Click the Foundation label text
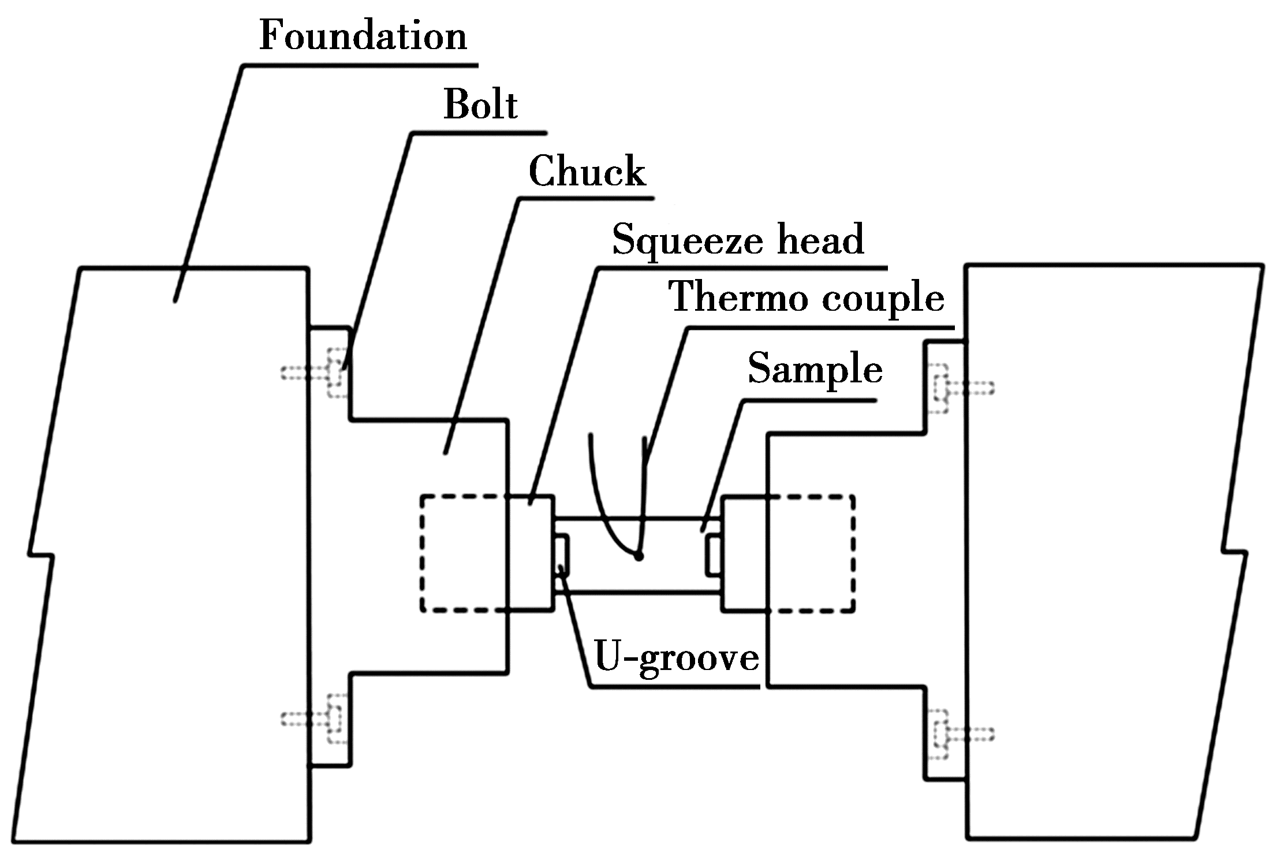pos(363,36)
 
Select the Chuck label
pos(587,172)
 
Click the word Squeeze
pos(685,240)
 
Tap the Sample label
pos(815,369)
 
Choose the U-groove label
pos(677,658)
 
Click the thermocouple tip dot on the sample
pos(638,556)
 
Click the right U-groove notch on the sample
pos(714,555)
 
